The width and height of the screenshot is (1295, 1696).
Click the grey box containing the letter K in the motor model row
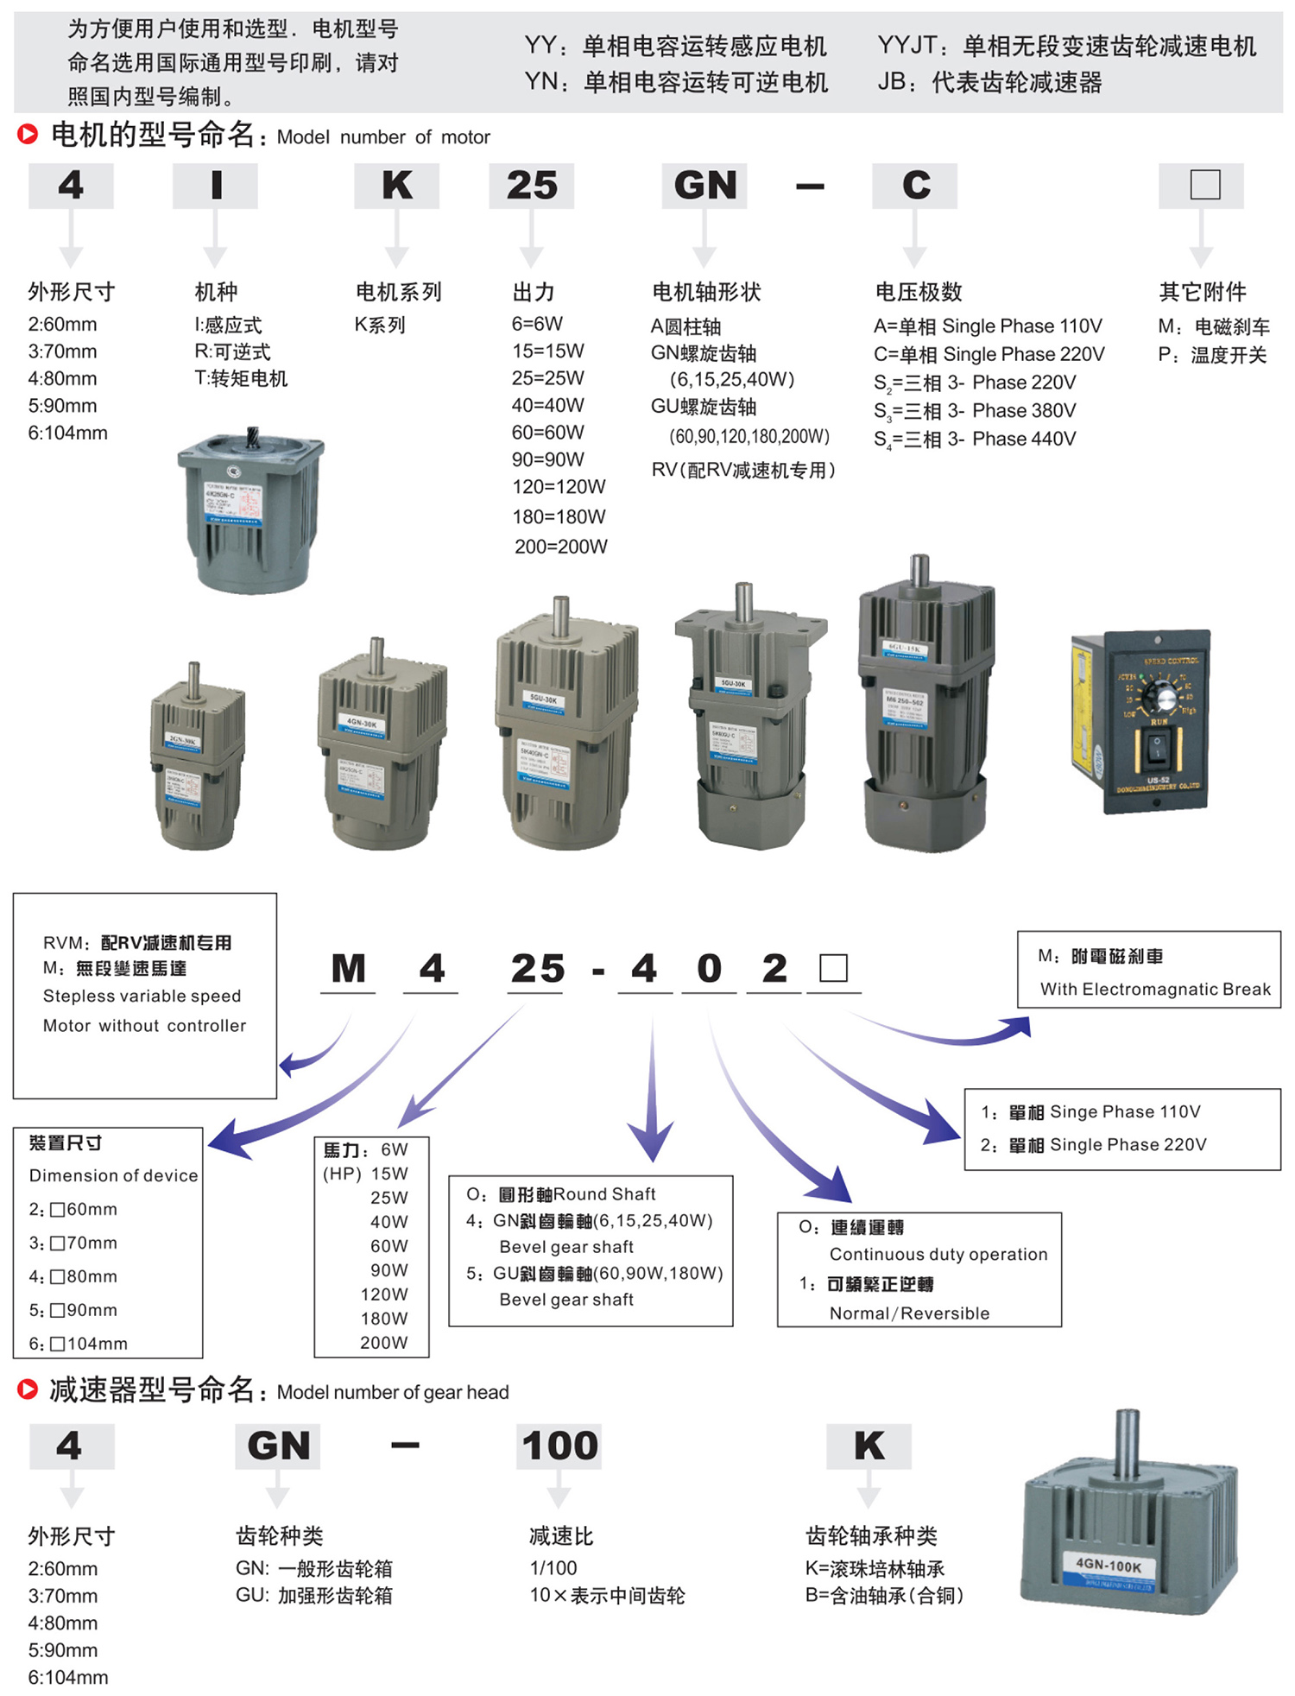pos(396,186)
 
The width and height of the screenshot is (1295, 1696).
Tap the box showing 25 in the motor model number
pos(532,186)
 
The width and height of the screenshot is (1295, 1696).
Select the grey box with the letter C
pos(915,186)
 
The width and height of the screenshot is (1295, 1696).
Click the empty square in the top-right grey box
pos(1205,185)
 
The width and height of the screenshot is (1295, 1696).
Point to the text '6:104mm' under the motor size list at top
pos(68,433)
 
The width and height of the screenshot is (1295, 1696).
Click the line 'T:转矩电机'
pos(241,378)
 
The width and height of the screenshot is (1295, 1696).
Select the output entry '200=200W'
pos(561,547)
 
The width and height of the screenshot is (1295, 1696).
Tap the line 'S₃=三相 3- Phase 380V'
pos(975,411)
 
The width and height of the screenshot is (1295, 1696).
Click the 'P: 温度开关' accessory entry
pos(1212,355)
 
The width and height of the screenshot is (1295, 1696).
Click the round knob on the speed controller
pos(1164,697)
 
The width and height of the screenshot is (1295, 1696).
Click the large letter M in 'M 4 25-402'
pos(349,969)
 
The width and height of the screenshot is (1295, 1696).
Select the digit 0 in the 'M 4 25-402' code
pos(709,969)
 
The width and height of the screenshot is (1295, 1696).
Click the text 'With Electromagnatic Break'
pos(1155,989)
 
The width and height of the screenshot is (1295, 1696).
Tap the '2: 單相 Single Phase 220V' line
pos(1093,1145)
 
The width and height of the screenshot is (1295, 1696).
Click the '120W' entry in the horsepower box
pos(384,1294)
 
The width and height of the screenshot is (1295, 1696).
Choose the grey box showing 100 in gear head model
pos(559,1446)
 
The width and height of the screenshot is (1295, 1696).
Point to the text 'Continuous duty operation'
pos(938,1254)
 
